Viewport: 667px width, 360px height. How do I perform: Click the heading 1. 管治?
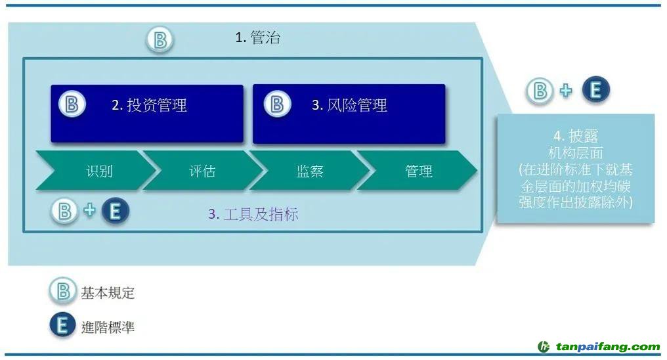258,37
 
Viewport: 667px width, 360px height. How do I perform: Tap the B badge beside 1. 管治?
160,40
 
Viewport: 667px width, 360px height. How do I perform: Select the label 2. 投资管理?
149,105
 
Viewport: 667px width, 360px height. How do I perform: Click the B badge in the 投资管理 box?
72,104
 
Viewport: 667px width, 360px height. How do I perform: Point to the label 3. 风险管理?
349,105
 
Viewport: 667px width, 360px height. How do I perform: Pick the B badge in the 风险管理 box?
277,104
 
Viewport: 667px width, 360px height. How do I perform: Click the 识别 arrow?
97,170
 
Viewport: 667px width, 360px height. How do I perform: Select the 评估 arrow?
202,170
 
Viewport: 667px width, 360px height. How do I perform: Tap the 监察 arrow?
309,170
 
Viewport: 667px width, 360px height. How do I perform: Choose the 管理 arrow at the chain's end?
417,170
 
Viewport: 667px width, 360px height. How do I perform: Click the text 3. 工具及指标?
253,214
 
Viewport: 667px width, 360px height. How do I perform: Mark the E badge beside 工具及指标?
116,211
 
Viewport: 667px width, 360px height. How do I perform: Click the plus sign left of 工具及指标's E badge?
89,210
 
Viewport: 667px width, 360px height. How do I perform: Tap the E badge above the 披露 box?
596,90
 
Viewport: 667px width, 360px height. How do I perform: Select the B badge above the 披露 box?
540,91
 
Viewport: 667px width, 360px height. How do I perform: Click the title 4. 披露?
576,136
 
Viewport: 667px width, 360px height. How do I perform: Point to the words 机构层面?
576,153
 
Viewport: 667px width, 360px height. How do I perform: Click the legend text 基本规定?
108,293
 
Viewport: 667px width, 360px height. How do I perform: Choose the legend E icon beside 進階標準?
62,326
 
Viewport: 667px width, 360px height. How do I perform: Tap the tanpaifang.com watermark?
599,347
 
